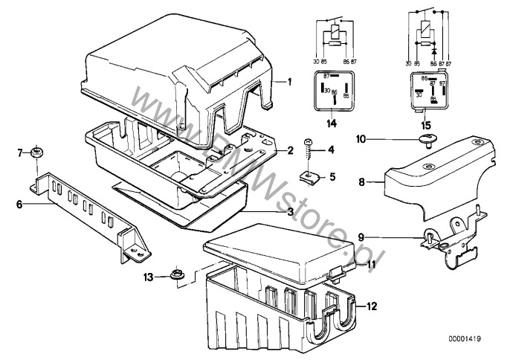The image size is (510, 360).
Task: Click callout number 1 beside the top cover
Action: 291,80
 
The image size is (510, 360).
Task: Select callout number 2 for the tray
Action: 291,150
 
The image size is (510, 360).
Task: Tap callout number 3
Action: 291,212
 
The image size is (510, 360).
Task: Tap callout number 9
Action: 359,237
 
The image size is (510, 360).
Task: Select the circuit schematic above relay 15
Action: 427,33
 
